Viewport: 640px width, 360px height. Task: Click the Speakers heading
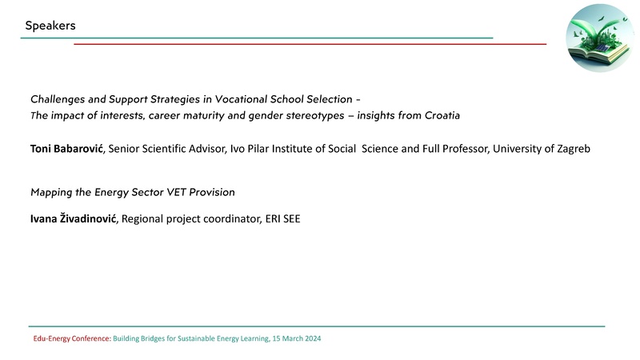[x=50, y=26]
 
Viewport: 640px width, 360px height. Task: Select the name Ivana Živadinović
[x=74, y=218]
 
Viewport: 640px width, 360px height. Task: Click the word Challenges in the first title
[x=58, y=99]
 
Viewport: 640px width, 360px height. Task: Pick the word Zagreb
[x=572, y=148]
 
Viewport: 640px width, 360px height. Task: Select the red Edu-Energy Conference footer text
[x=71, y=339]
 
